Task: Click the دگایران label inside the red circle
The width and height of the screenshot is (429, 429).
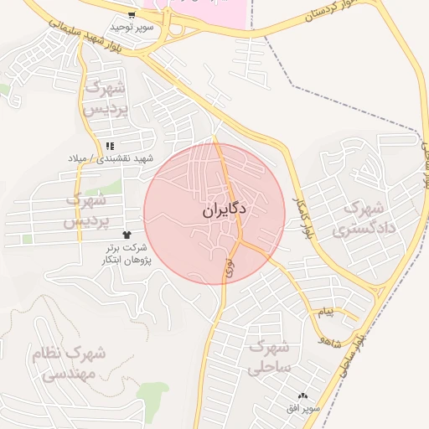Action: pyautogui.click(x=224, y=212)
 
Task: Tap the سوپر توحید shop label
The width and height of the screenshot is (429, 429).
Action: pyautogui.click(x=131, y=27)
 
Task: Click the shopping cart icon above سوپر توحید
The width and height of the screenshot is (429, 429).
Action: pyautogui.click(x=132, y=15)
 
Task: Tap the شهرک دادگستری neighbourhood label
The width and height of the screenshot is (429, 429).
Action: pyautogui.click(x=362, y=218)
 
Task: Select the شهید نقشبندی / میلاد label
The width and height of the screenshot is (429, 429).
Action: pyautogui.click(x=112, y=158)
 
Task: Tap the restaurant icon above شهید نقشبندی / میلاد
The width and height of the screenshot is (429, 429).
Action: pyautogui.click(x=111, y=146)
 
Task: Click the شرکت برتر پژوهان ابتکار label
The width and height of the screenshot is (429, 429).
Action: pyautogui.click(x=125, y=254)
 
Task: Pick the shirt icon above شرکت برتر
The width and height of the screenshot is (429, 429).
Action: pyautogui.click(x=127, y=235)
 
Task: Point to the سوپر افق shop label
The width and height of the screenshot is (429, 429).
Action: pyautogui.click(x=302, y=407)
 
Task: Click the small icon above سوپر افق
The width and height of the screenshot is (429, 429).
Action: pyautogui.click(x=302, y=395)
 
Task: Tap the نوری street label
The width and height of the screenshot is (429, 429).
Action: pyautogui.click(x=230, y=268)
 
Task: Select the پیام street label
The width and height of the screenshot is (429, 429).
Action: pyautogui.click(x=325, y=312)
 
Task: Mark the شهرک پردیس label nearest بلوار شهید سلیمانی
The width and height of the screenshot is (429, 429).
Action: pyautogui.click(x=105, y=98)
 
